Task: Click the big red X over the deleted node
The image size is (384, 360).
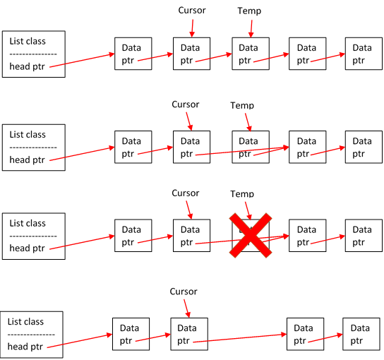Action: [251, 235]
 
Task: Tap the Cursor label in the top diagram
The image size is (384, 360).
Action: [192, 11]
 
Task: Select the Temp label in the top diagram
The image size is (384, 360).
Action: [249, 11]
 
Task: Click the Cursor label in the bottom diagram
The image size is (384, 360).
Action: [184, 292]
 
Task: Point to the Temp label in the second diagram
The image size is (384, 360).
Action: [242, 106]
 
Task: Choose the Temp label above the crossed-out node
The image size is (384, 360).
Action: [242, 194]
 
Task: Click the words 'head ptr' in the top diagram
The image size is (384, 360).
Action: [27, 66]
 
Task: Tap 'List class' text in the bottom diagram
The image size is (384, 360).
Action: [25, 322]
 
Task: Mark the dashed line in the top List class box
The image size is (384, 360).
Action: [33, 54]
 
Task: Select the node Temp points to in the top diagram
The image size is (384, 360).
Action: [251, 54]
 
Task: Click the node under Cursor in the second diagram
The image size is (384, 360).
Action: [191, 147]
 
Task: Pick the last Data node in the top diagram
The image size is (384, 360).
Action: [364, 54]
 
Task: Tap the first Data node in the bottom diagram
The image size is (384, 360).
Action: [131, 334]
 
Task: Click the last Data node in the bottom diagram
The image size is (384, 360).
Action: [361, 334]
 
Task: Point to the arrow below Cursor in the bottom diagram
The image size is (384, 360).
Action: [187, 308]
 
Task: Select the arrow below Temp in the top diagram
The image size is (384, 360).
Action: [251, 29]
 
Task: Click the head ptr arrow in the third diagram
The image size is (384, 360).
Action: [82, 242]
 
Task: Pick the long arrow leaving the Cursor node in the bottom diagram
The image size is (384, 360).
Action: [240, 338]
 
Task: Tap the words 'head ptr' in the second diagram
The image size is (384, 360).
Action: [27, 160]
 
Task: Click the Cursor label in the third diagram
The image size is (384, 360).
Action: [186, 193]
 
